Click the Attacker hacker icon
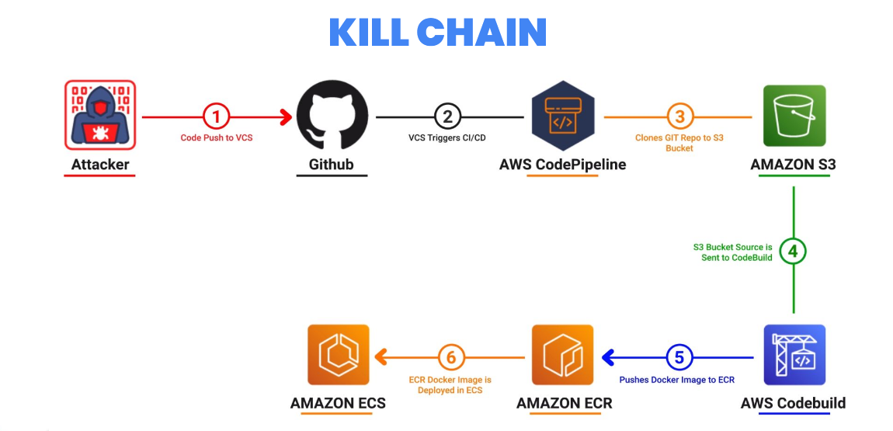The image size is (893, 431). point(99,115)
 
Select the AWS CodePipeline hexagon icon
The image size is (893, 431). point(563,116)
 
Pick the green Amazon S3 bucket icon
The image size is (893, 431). point(794,116)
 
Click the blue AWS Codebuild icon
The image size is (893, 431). point(794,355)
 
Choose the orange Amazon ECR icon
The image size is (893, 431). point(563,355)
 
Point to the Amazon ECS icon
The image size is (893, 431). point(339,355)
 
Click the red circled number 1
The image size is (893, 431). point(217,117)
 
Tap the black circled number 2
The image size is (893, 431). point(447,117)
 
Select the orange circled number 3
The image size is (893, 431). point(679,117)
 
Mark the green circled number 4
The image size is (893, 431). point(794,252)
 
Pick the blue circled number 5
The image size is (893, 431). point(679,357)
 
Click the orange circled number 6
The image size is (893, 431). point(451,357)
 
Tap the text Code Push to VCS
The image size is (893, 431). point(217,137)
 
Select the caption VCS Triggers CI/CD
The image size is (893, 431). point(447,137)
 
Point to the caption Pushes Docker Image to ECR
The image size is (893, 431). point(677,380)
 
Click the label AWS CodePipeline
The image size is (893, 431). point(562,165)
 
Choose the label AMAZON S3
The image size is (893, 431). point(793,165)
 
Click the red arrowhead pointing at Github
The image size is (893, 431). point(287,117)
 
